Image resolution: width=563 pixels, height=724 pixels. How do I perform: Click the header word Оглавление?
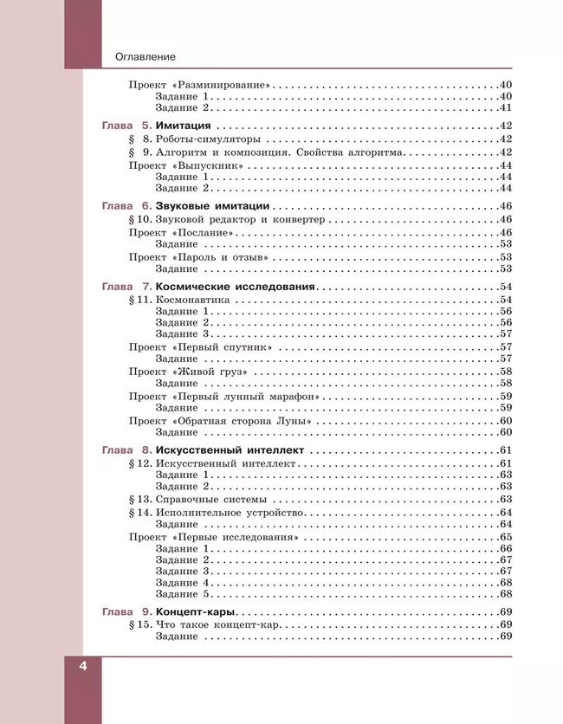click(145, 57)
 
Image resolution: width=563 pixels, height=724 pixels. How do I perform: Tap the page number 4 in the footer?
click(83, 667)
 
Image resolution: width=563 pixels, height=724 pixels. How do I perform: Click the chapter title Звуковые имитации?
click(212, 206)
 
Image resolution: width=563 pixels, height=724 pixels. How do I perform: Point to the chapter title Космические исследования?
click(235, 287)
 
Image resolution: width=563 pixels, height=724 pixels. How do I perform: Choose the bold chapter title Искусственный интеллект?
click(230, 451)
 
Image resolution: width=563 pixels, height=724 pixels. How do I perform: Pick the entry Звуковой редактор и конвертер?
click(241, 220)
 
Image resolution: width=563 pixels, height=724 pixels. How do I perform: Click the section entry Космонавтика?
click(192, 300)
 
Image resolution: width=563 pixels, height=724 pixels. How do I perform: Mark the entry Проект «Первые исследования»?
click(214, 538)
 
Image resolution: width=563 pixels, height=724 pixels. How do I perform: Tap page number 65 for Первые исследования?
click(507, 538)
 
